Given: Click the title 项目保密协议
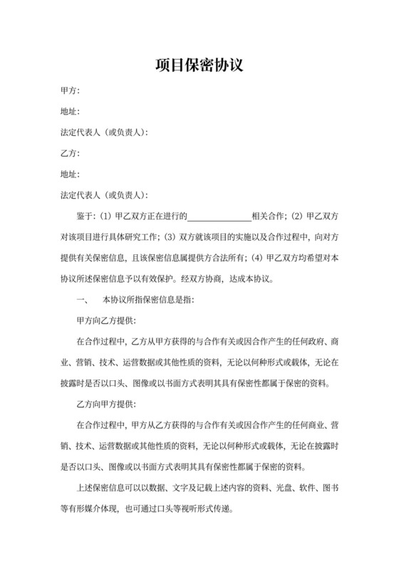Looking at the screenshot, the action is click(199, 66).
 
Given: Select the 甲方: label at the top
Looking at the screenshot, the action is click(70, 91).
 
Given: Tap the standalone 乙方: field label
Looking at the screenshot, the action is click(70, 153).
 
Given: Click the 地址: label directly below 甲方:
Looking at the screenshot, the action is click(70, 112).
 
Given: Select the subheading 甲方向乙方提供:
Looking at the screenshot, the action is click(107, 320).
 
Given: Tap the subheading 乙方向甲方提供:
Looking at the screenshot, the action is click(107, 403).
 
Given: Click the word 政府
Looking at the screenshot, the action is click(300, 340).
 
